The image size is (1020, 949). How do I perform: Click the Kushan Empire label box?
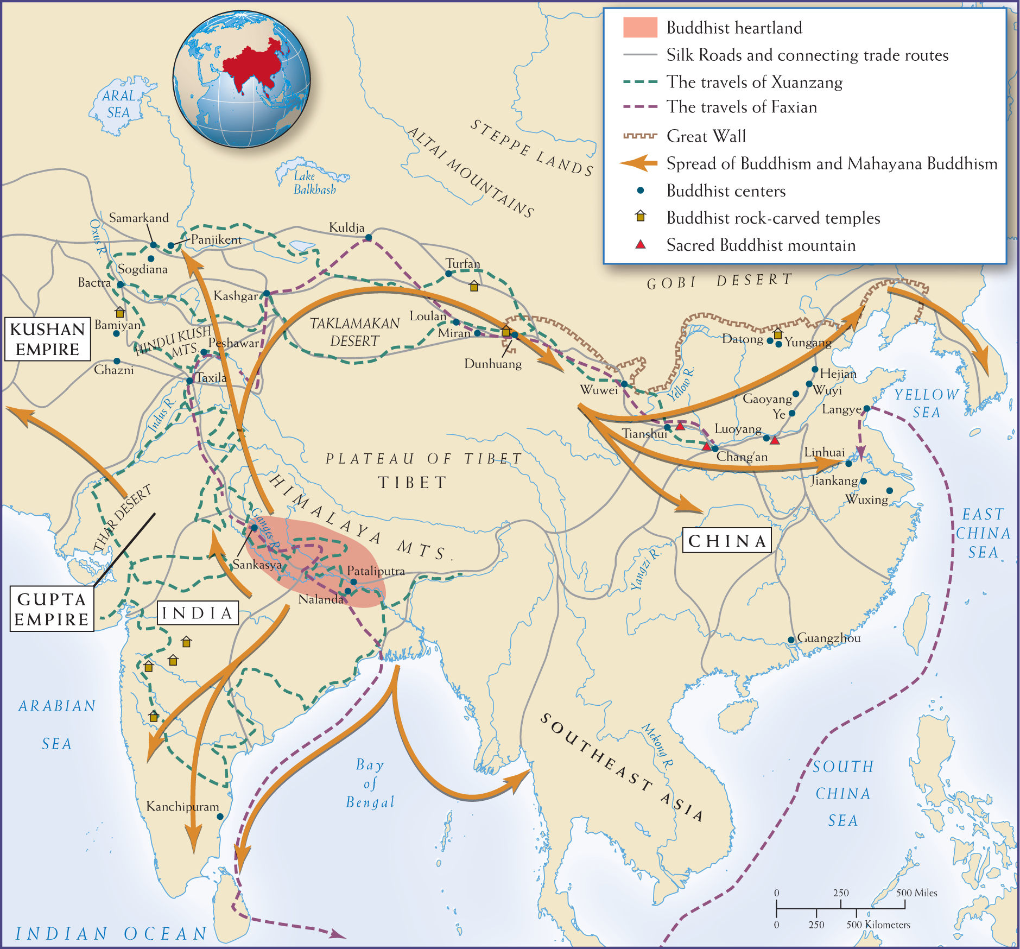[x=48, y=339]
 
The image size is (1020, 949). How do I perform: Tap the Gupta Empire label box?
[x=52, y=609]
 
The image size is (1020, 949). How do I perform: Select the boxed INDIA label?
[x=198, y=613]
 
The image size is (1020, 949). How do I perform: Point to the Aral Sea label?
[x=118, y=104]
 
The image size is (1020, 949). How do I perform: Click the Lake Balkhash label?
[x=314, y=183]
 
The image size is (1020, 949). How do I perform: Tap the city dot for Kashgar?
[x=267, y=294]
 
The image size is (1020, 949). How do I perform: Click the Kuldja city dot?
[x=369, y=237]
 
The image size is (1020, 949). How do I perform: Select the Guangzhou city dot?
[x=791, y=640]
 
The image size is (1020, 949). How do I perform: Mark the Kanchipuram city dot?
[x=220, y=817]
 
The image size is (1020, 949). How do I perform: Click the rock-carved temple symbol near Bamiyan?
[x=120, y=312]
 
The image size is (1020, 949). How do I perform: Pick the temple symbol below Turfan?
[x=474, y=286]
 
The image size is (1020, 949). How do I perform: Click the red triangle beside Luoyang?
[x=775, y=440]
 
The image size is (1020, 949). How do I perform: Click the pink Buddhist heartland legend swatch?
[x=640, y=27]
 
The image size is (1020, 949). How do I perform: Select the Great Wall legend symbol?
[x=640, y=136]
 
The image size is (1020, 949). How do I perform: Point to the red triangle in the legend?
[x=641, y=245]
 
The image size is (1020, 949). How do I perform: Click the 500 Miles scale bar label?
[x=916, y=893]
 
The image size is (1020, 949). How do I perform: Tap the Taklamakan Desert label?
[x=355, y=332]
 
